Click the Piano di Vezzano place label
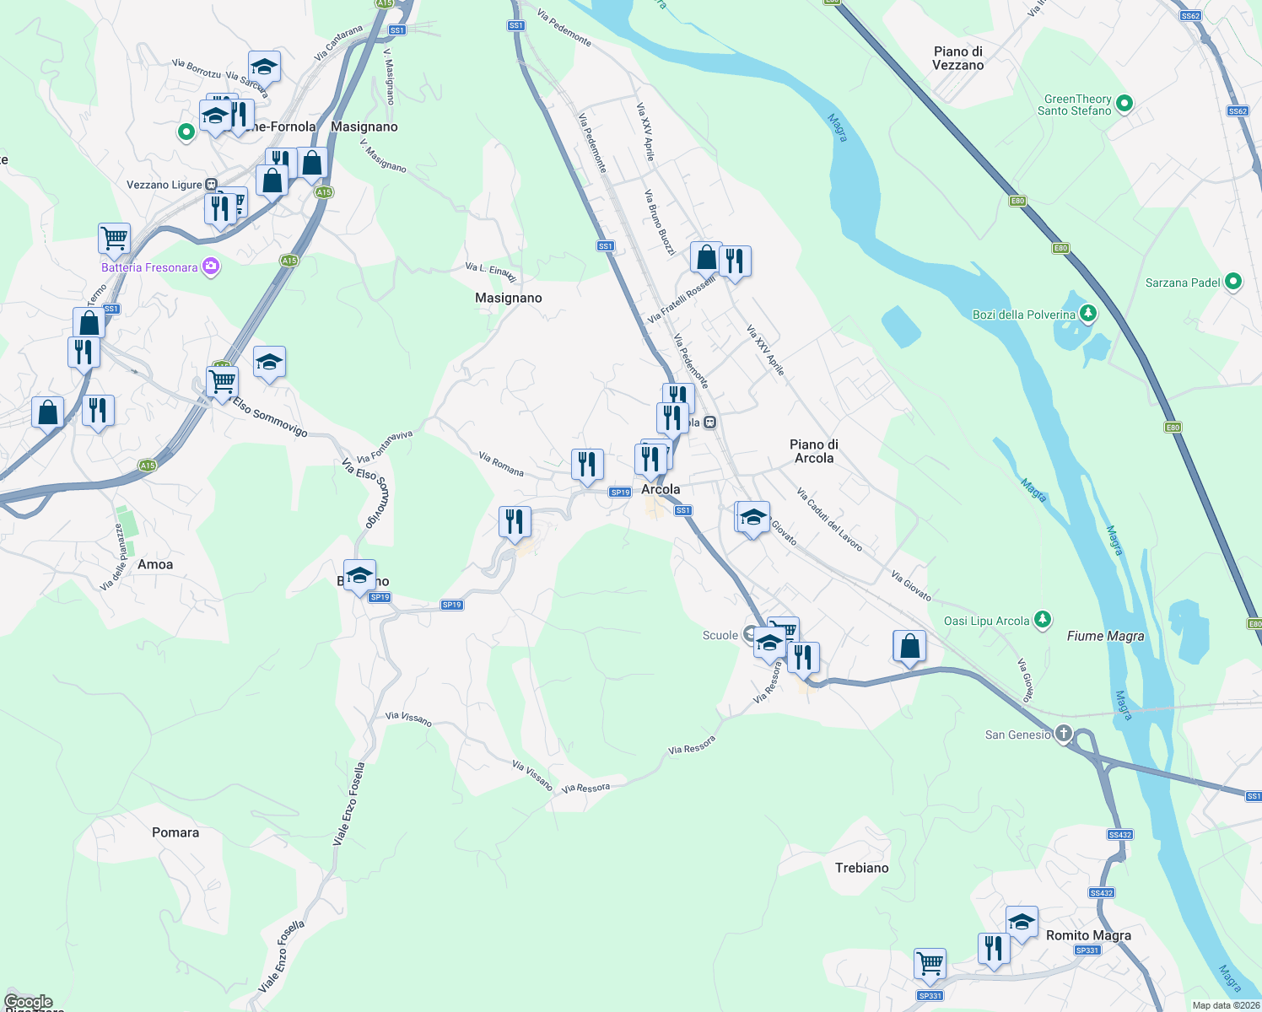957,58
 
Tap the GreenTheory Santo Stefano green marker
1124,105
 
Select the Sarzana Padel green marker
1232,282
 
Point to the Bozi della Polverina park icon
1088,314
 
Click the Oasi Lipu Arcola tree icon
1043,620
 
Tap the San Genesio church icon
1063,734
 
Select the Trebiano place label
861,868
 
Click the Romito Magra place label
1088,935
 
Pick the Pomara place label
175,832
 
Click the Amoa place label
155,564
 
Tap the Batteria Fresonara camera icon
211,267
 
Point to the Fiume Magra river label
1105,636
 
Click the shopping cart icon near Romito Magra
930,963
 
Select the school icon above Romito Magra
1021,922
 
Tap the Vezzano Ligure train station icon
211,185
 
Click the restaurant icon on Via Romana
587,464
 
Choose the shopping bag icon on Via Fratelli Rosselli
706,257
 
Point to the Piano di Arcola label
813,451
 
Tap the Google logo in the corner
29,1002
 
